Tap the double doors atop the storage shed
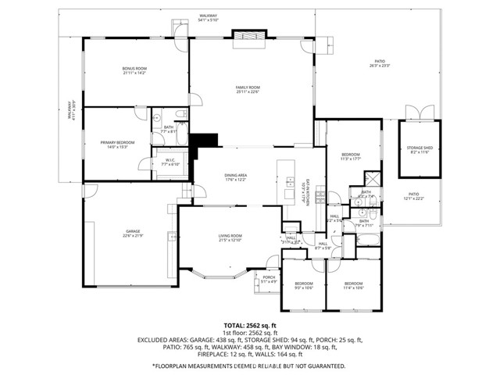[x=419, y=112]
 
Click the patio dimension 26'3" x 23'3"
[x=380, y=66]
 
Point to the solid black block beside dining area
[x=207, y=140]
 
